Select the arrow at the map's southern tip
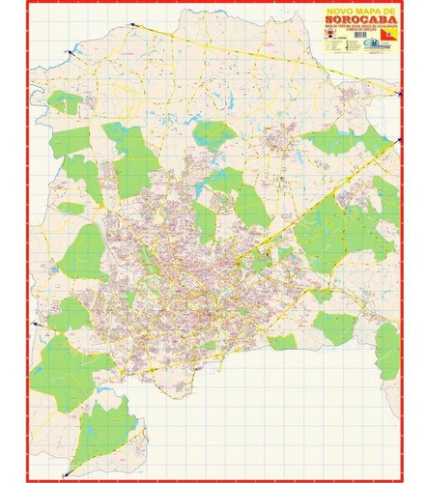pyautogui.click(x=69, y=471)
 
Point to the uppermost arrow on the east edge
pyautogui.click(x=397, y=93)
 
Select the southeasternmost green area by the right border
pyautogui.click(x=387, y=350)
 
